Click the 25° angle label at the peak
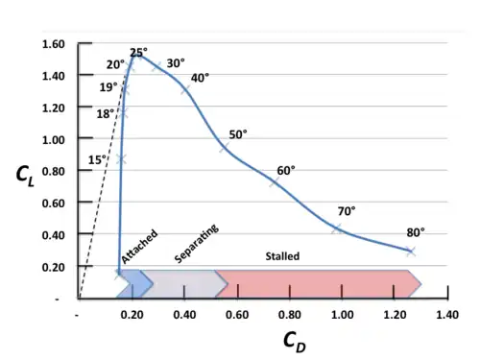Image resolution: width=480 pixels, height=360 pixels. tap(138, 52)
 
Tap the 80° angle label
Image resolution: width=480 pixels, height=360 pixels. tap(415, 232)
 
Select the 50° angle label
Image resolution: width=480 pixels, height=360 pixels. tap(238, 134)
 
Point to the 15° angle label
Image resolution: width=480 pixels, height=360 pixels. tap(97, 159)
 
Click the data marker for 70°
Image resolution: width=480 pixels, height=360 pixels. tap(337, 228)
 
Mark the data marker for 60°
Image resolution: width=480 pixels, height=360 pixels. tap(276, 181)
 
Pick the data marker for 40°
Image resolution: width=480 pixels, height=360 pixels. tap(186, 90)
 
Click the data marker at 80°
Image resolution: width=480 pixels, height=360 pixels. tap(410, 252)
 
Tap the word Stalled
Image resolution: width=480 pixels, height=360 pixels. tap(282, 256)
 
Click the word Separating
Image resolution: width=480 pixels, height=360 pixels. tap(197, 244)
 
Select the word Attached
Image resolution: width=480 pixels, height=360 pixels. tap(140, 249)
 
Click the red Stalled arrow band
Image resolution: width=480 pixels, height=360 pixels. tap(317, 283)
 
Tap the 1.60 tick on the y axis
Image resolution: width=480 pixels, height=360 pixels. tap(55, 44)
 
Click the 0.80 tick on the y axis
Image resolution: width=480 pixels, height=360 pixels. tap(55, 171)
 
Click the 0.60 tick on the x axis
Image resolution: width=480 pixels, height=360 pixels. tap(236, 314)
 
